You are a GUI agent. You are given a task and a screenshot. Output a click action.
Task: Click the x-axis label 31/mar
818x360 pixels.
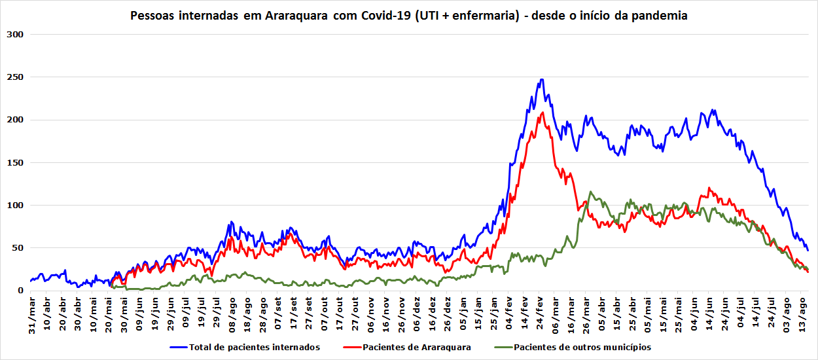coord(31,315)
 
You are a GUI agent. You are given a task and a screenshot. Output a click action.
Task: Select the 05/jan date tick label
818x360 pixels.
coord(464,315)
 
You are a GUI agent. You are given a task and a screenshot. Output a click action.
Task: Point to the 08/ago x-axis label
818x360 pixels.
coord(232,315)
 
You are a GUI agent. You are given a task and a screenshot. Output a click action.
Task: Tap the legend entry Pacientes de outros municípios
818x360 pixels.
coord(582,348)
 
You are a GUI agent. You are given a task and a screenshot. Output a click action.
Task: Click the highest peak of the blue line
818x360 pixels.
coord(541,80)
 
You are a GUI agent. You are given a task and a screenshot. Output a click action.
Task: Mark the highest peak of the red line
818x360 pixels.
coord(542,113)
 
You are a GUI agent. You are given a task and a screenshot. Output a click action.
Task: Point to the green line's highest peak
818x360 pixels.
coord(591,192)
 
